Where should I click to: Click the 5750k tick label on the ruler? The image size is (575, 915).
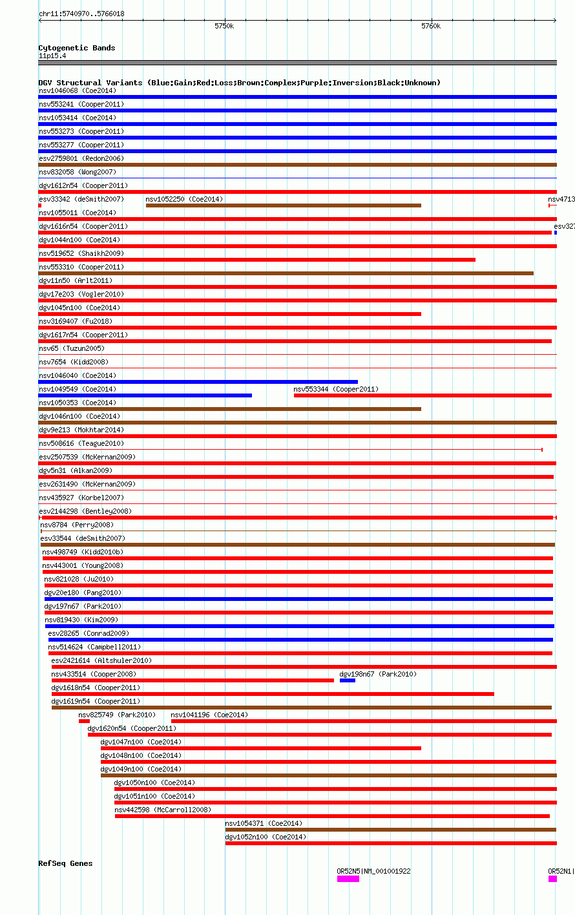tap(224, 26)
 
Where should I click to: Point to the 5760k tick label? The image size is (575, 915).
tap(431, 26)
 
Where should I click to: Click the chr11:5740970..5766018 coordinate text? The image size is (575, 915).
tap(81, 14)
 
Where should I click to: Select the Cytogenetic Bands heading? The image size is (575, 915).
tap(77, 48)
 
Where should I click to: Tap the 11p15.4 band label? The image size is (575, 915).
tap(52, 56)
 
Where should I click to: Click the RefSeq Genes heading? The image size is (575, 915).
tap(65, 863)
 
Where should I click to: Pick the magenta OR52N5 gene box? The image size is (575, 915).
tap(348, 879)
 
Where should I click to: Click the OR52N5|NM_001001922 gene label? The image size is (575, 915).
tap(373, 871)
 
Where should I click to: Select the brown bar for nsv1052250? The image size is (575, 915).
tap(283, 205)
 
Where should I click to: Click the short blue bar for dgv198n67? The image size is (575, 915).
tap(348, 680)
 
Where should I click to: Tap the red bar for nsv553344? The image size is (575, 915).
tap(423, 395)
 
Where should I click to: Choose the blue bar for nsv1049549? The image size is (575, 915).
tap(145, 395)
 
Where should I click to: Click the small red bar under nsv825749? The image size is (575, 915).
tap(84, 721)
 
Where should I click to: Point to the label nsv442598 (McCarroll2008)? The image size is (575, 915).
tap(163, 810)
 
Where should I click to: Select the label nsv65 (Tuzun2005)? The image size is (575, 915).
tap(72, 348)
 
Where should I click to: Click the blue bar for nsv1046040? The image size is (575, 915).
tap(198, 382)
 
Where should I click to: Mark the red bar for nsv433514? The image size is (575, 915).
tap(193, 680)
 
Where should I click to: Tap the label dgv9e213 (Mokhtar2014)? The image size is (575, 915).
tap(81, 430)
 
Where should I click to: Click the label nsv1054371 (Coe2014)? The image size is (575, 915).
tap(264, 823)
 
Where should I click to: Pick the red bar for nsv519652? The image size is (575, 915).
tap(257, 260)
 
